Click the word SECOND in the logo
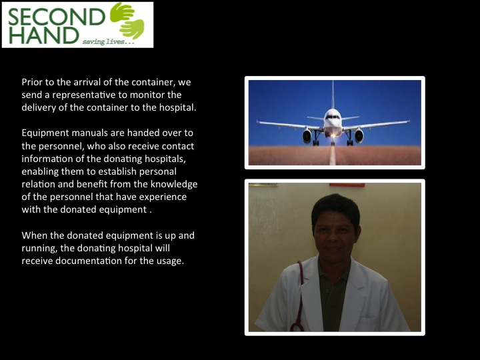[57, 17]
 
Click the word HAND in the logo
[43, 35]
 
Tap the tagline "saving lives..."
[108, 41]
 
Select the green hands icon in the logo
[127, 21]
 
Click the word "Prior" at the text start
[32, 82]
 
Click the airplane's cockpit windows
[333, 117]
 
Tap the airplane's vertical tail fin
[333, 95]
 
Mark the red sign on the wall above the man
[347, 185]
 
